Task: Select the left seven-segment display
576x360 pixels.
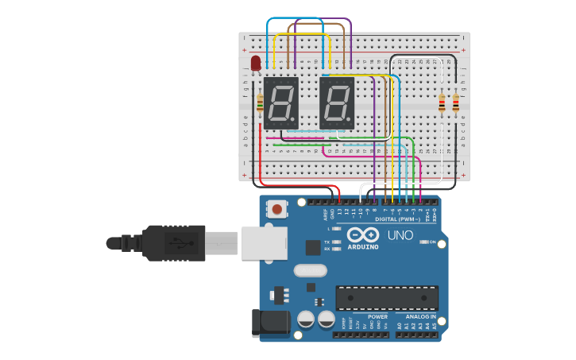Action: click(x=281, y=103)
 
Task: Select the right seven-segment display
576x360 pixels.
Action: click(x=337, y=103)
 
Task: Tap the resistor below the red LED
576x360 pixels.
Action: click(x=261, y=102)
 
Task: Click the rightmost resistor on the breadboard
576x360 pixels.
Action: click(x=455, y=103)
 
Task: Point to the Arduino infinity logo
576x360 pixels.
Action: click(x=363, y=235)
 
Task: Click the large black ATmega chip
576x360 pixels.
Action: click(x=387, y=298)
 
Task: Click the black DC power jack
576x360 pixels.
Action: click(x=269, y=322)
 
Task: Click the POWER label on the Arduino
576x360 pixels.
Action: click(x=377, y=316)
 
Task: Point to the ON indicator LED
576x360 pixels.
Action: click(x=424, y=242)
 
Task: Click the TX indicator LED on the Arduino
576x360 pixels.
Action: click(x=337, y=241)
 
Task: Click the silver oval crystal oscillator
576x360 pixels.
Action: click(x=310, y=270)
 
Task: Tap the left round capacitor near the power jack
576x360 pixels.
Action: click(x=306, y=319)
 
